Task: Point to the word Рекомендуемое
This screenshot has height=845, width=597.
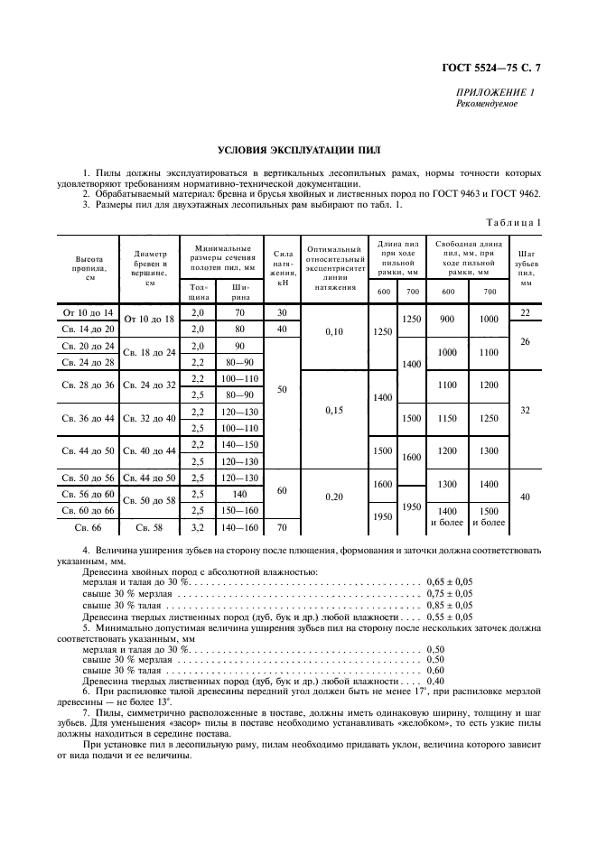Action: tap(488, 104)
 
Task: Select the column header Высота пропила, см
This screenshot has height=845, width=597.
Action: tap(89, 268)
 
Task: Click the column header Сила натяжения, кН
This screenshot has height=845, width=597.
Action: tap(282, 267)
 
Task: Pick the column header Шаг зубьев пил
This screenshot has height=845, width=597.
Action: tap(527, 268)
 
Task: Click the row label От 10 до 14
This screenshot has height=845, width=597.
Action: tap(88, 312)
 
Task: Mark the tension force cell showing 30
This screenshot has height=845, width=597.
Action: tap(282, 312)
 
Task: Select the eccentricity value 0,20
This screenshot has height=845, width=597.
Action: tap(333, 497)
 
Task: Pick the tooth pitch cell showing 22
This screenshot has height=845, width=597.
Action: tap(527, 312)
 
